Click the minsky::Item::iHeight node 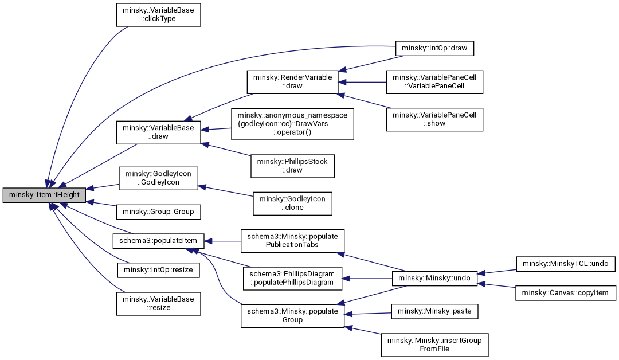[x=44, y=195]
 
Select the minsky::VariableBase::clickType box [x=158, y=14]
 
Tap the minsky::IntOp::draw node [x=434, y=48]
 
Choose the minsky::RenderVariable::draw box [x=292, y=82]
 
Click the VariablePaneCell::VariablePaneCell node [x=434, y=82]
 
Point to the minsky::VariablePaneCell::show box [x=434, y=119]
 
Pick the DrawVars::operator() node [x=292, y=124]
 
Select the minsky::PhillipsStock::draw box [x=292, y=166]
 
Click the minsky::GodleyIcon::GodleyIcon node [x=158, y=178]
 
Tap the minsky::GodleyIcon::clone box [x=292, y=204]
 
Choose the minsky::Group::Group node [x=158, y=212]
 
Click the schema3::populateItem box [x=158, y=241]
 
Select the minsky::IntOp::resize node [x=158, y=270]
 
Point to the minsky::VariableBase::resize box [x=158, y=304]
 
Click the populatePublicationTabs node [x=292, y=241]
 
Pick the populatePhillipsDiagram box [x=292, y=278]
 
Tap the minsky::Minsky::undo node [x=434, y=278]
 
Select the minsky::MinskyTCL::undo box [x=565, y=264]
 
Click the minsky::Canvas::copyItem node [x=565, y=293]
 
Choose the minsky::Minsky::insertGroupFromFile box [x=434, y=345]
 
